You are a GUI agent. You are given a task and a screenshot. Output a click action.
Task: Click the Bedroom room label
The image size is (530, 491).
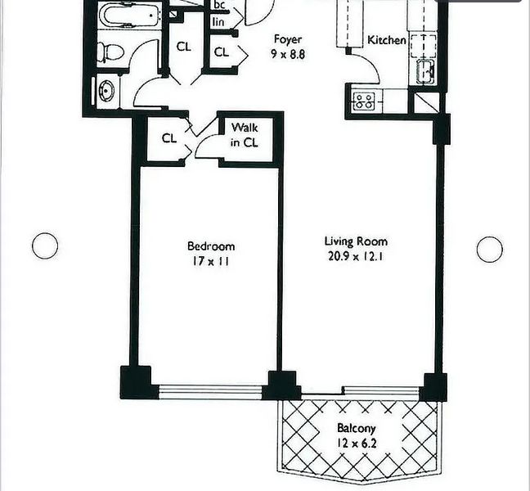[x=211, y=245]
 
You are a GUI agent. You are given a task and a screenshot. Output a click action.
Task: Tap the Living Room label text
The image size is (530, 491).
[x=356, y=241]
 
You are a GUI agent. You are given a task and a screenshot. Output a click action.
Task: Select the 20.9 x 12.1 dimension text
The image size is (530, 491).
[x=355, y=256]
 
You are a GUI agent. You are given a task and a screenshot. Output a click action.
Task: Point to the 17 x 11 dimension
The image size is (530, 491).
[x=211, y=261]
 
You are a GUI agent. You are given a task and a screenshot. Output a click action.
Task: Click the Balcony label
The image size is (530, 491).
[x=357, y=429]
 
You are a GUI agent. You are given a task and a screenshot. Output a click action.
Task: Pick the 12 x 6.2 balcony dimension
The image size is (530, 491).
[x=357, y=443]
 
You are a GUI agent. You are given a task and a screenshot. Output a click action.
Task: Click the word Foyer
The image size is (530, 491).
[x=288, y=39]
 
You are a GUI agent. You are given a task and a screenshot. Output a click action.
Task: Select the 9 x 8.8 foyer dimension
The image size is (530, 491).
[x=288, y=54]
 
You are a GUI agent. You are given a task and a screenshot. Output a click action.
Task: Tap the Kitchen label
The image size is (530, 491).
[x=387, y=40]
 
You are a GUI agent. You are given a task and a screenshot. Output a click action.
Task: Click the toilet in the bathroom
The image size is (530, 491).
[x=110, y=52]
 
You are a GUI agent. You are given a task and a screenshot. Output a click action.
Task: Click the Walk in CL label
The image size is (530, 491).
[x=245, y=135]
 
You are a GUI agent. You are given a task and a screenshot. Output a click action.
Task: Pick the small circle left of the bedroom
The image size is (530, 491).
[x=45, y=245]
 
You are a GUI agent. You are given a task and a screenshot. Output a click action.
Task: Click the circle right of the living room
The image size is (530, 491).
[x=490, y=250]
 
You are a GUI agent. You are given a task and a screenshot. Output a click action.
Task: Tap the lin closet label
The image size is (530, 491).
[x=218, y=22]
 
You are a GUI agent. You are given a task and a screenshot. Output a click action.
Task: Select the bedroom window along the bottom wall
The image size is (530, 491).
[x=210, y=391]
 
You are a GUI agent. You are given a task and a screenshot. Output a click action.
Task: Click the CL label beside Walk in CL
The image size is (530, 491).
[x=169, y=138]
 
